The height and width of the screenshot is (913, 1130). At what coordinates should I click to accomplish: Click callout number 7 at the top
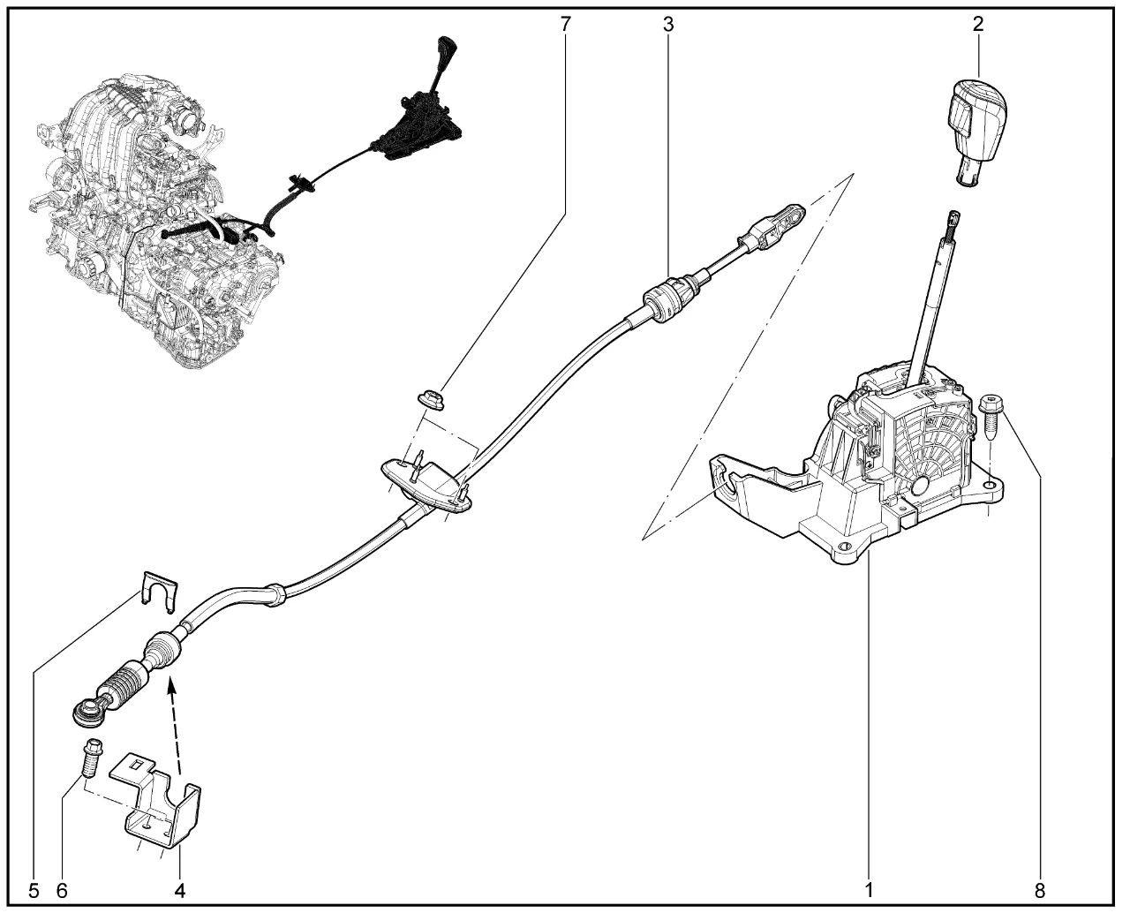(565, 25)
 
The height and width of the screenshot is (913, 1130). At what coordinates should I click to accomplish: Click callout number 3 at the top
(668, 25)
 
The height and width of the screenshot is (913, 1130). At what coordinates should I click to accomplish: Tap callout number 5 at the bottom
(34, 891)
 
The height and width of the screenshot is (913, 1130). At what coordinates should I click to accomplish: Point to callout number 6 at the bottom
(62, 891)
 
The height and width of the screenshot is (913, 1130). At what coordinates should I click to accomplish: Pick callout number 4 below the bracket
(180, 891)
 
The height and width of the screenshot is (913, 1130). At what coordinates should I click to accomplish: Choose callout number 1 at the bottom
(869, 890)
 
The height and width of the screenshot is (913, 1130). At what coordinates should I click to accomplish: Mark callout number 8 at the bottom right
(1040, 891)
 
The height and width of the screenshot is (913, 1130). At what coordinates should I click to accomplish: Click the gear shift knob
(976, 132)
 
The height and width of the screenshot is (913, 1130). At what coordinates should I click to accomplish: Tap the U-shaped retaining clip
(160, 591)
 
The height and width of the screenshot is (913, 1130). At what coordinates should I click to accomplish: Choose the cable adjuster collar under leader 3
(668, 299)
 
